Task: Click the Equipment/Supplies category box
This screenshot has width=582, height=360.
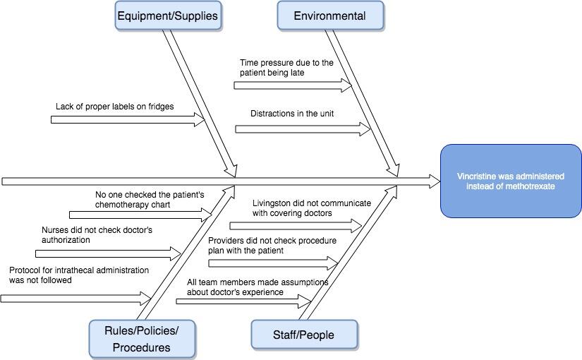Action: (167, 16)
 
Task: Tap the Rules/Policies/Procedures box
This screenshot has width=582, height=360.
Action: (142, 338)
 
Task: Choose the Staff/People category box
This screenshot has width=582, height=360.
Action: (304, 335)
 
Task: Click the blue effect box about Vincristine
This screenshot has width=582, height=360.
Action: (511, 181)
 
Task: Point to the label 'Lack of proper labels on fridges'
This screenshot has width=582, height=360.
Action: (115, 107)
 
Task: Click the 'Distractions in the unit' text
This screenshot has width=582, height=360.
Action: (292, 113)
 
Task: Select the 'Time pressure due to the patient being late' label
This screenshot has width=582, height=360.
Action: (286, 68)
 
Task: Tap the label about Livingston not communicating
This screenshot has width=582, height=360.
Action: (311, 208)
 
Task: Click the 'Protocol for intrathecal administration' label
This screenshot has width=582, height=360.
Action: (79, 275)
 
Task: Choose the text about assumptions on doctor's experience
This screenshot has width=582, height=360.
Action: (257, 287)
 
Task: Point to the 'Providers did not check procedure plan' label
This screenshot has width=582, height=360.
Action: (272, 245)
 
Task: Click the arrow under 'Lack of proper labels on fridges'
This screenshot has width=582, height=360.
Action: (127, 120)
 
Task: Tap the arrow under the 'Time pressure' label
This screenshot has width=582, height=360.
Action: (292, 85)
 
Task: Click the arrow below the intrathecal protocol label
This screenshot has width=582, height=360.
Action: (76, 298)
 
